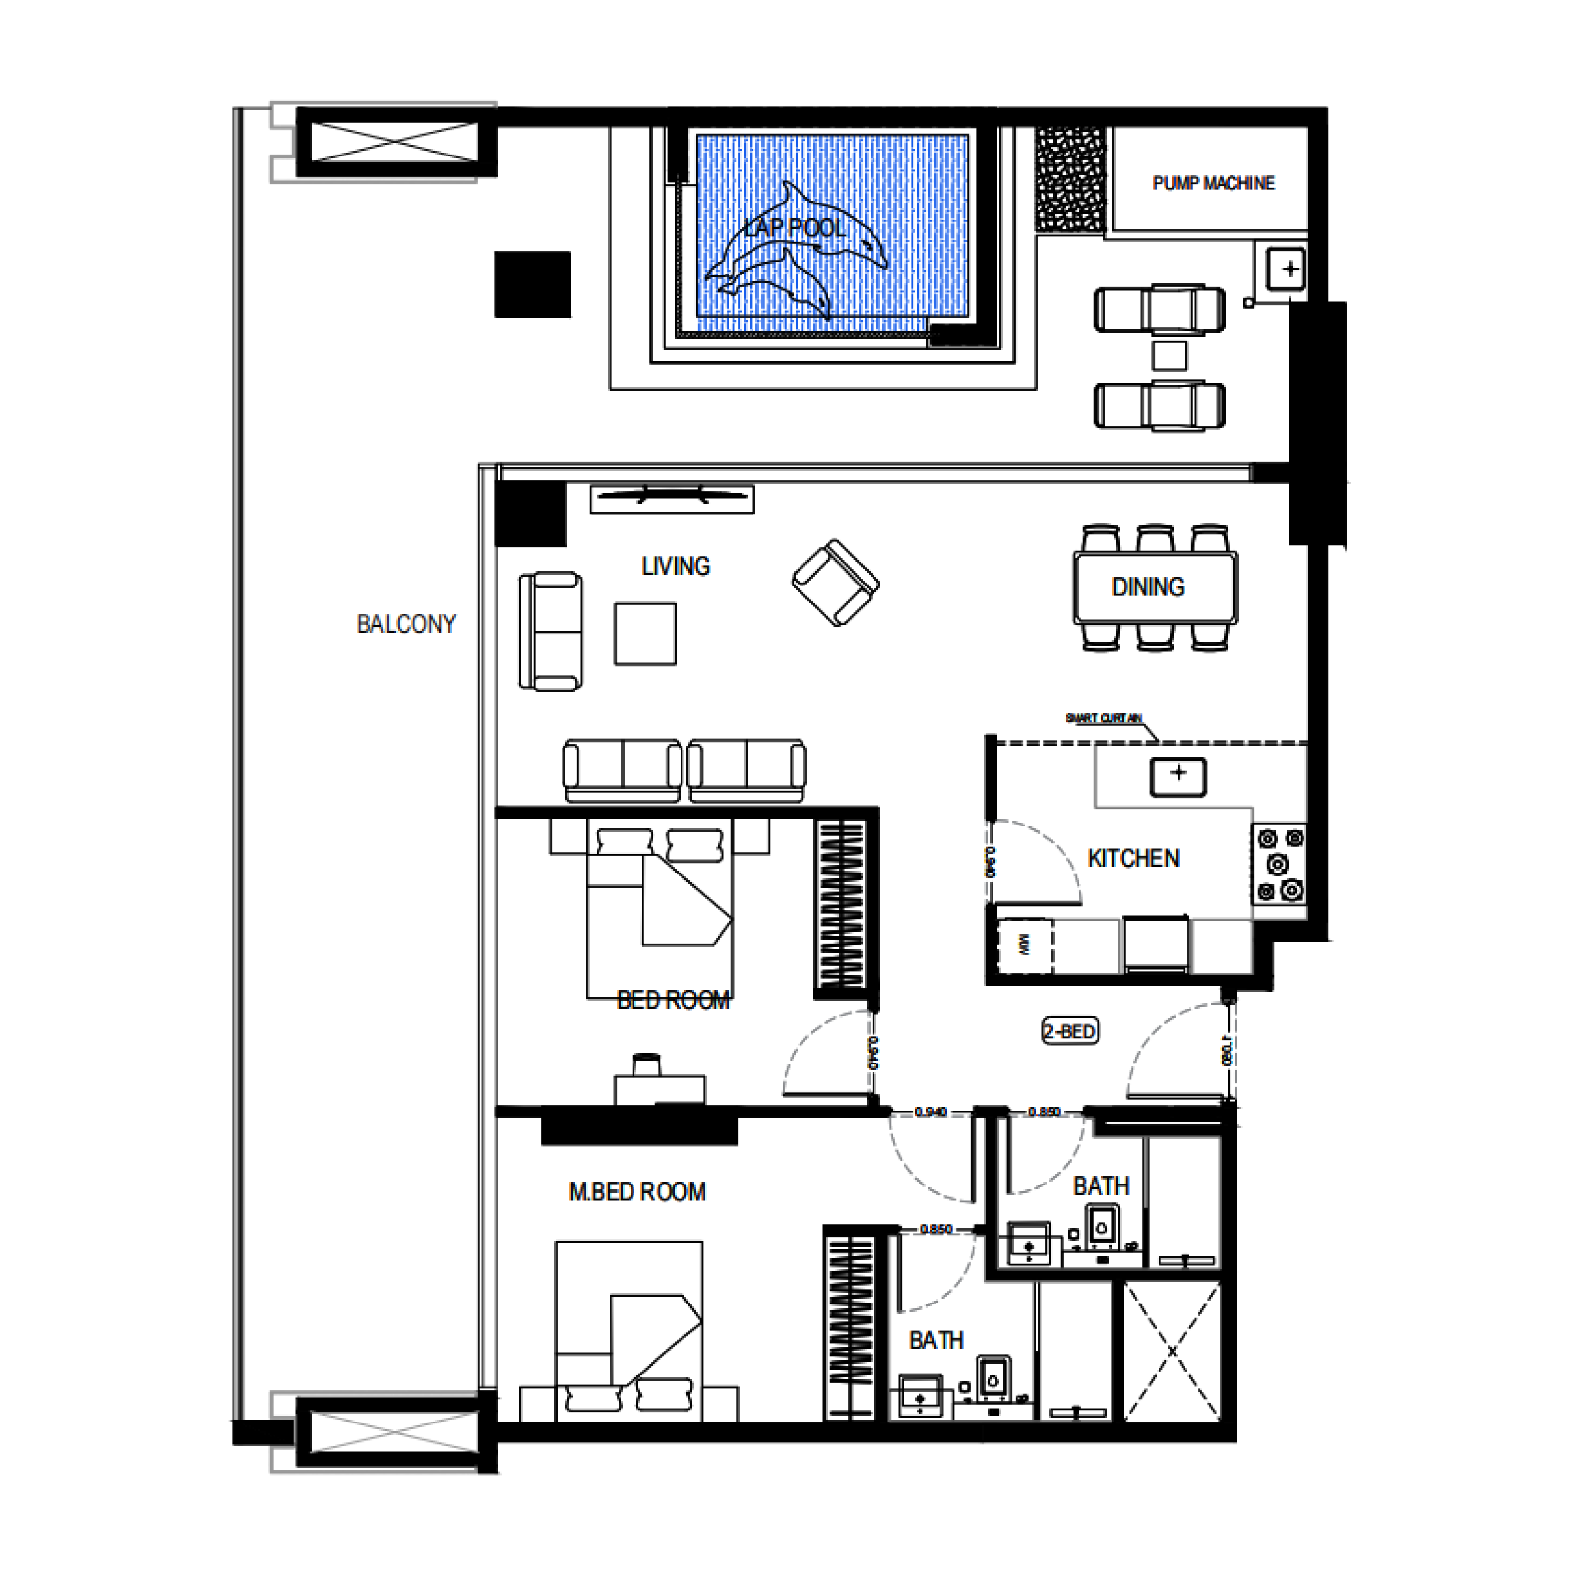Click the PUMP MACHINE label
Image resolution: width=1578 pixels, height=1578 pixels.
coord(1213,183)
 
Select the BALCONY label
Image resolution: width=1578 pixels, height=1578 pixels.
coord(406,624)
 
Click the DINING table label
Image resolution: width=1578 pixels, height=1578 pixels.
coord(1147,586)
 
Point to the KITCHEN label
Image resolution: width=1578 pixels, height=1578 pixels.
coord(1133,859)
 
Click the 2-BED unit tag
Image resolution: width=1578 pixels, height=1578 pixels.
coord(1070,1032)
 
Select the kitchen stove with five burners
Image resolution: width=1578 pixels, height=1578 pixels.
coord(1279,863)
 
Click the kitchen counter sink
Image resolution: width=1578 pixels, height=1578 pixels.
coord(1178,776)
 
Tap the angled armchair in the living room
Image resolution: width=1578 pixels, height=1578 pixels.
coord(836,583)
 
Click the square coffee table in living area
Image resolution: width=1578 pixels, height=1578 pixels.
coord(645,634)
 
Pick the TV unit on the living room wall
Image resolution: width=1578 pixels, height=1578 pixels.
coord(671,498)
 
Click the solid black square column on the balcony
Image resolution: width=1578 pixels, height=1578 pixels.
coord(533,284)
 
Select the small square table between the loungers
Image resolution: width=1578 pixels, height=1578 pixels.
coord(1169,355)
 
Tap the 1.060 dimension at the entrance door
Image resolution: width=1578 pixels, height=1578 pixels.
coord(1228,1051)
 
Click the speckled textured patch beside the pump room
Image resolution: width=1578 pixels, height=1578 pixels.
coord(1070,179)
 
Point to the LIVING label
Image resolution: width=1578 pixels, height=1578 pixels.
coord(675,566)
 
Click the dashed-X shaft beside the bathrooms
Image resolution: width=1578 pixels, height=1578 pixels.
coord(1172,1352)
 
